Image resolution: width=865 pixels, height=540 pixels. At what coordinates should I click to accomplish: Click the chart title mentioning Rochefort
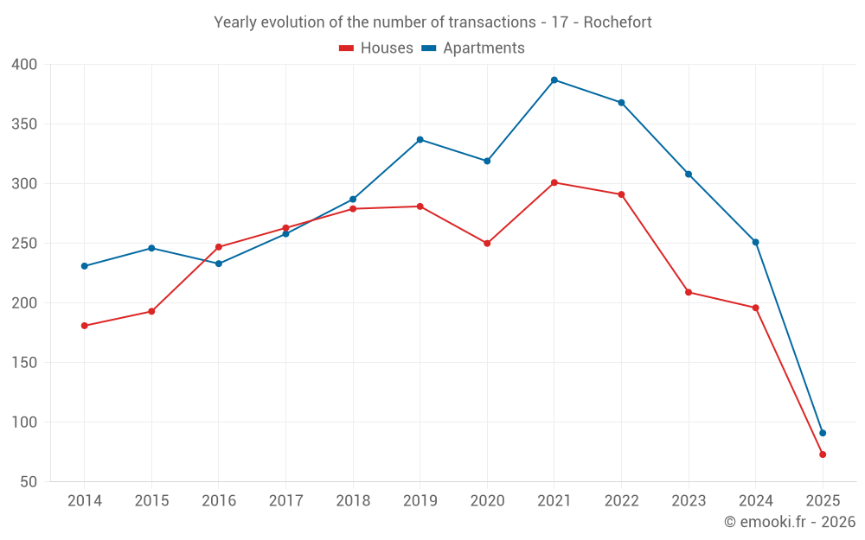click(432, 22)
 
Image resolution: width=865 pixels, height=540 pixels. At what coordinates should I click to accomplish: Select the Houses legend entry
click(376, 48)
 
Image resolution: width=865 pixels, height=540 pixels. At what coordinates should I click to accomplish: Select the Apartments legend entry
click(473, 48)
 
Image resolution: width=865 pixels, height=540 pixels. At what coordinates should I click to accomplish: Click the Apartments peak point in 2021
click(554, 79)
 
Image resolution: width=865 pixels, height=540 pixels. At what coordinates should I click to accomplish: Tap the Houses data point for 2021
click(554, 182)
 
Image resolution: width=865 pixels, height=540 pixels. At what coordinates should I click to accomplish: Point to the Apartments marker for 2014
click(84, 266)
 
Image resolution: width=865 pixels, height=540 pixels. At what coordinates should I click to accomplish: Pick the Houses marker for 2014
click(84, 326)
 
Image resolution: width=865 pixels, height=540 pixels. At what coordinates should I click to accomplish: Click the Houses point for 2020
click(487, 244)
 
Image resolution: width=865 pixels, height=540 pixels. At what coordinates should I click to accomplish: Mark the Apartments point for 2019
click(420, 139)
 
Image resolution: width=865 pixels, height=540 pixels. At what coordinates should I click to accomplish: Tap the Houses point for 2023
click(689, 292)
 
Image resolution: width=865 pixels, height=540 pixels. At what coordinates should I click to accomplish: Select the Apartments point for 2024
click(755, 242)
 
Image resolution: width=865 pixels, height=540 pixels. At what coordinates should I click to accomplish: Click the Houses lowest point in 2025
click(823, 454)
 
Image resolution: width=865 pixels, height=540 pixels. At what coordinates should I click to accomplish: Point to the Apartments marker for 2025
click(823, 433)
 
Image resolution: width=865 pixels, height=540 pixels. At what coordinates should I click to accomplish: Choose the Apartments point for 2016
click(218, 264)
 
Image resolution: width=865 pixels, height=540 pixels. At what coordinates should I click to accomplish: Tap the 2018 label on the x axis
click(353, 501)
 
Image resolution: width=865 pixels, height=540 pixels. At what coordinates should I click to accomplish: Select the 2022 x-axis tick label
click(621, 501)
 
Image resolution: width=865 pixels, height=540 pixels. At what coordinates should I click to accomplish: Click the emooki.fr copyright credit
click(789, 522)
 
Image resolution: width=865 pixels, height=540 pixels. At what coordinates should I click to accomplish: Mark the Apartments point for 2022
click(621, 103)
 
